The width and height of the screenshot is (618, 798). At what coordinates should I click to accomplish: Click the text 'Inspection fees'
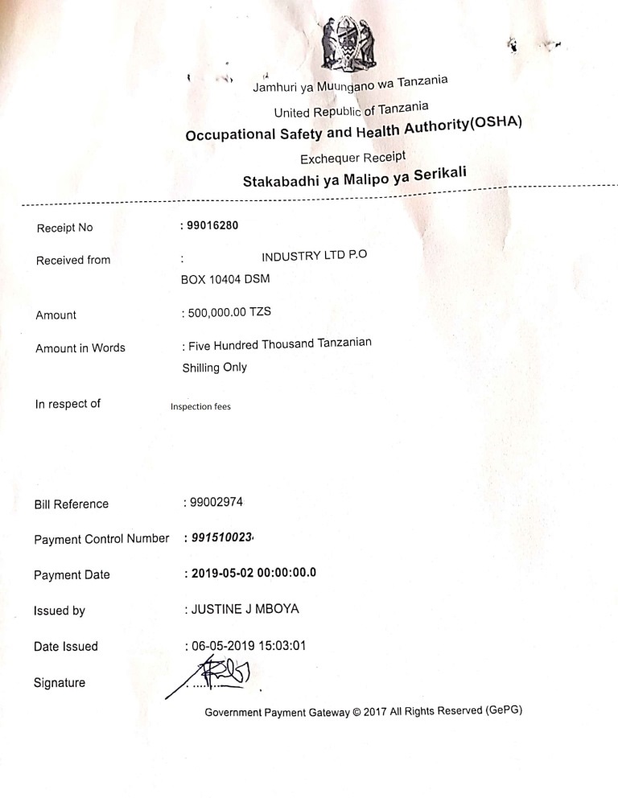click(200, 406)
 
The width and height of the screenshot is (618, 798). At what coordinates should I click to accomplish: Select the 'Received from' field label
click(73, 260)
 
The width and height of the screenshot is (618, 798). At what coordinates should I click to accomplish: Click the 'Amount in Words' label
click(80, 348)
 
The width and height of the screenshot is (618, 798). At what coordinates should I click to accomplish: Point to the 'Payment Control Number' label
click(101, 539)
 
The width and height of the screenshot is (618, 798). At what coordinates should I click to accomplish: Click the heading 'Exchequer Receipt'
click(352, 158)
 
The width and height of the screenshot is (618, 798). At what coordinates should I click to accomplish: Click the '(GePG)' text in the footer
click(505, 710)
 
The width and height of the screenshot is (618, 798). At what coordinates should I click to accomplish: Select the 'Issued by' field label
click(60, 611)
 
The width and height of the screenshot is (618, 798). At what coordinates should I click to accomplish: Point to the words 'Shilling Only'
click(215, 367)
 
